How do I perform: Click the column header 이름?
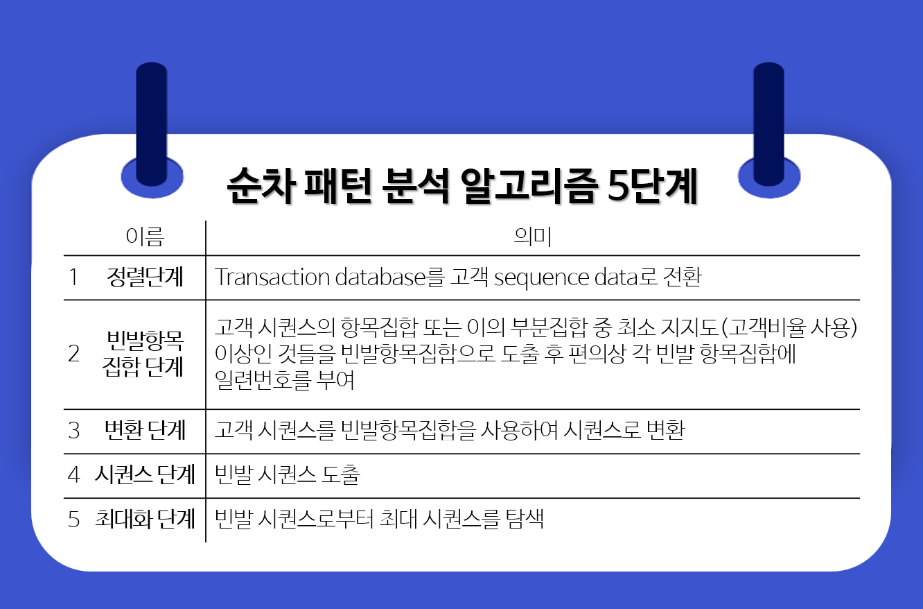(145, 238)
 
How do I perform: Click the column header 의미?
(531, 238)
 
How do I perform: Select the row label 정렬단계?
(146, 277)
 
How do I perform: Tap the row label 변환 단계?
(145, 430)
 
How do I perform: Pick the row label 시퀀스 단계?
(145, 475)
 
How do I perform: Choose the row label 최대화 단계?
(145, 520)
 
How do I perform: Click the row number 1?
(73, 277)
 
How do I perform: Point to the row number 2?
(74, 354)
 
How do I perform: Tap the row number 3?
(74, 430)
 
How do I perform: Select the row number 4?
(74, 475)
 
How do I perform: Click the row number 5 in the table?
(74, 520)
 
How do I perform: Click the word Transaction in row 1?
(272, 277)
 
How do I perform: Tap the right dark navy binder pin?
(768, 125)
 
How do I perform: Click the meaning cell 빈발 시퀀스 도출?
(287, 475)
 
